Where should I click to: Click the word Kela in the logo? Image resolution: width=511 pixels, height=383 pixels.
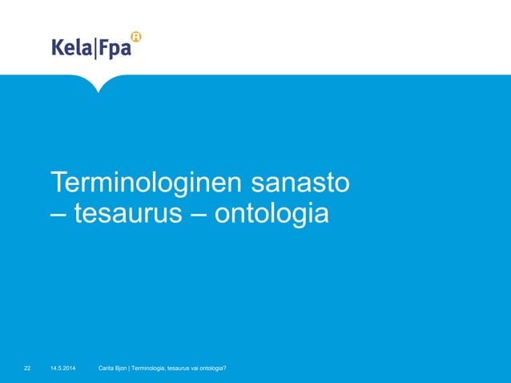coord(72,49)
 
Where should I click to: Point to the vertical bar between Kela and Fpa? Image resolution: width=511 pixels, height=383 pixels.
coord(95,49)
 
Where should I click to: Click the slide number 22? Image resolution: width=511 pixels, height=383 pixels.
coord(27,368)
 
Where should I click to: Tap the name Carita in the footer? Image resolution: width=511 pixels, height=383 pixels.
coord(107,368)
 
